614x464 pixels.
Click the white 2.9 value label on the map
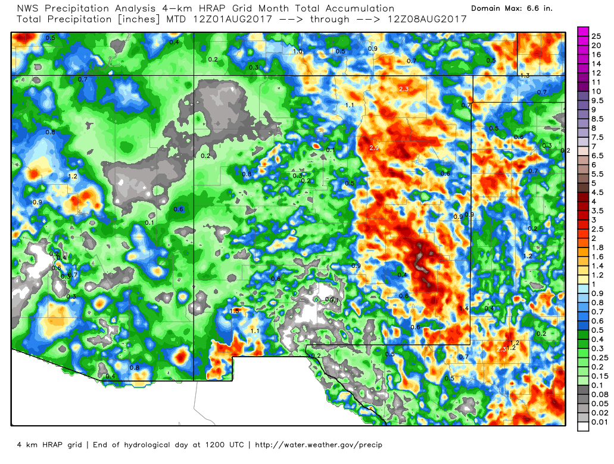pos(374,148)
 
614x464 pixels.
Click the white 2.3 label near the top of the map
pos(404,89)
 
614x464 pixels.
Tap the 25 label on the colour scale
pos(596,36)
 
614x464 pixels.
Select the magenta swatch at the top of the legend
pos(583,32)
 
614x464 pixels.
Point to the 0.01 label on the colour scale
pos(598,423)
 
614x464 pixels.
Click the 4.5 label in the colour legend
pos(597,192)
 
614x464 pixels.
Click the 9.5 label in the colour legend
pos(597,101)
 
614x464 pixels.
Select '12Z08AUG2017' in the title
pos(426,19)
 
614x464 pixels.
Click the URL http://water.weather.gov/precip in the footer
pos(319,445)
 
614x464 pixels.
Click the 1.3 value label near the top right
pos(525,76)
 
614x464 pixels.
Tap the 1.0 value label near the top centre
pos(298,52)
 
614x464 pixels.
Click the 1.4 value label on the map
pos(465,308)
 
